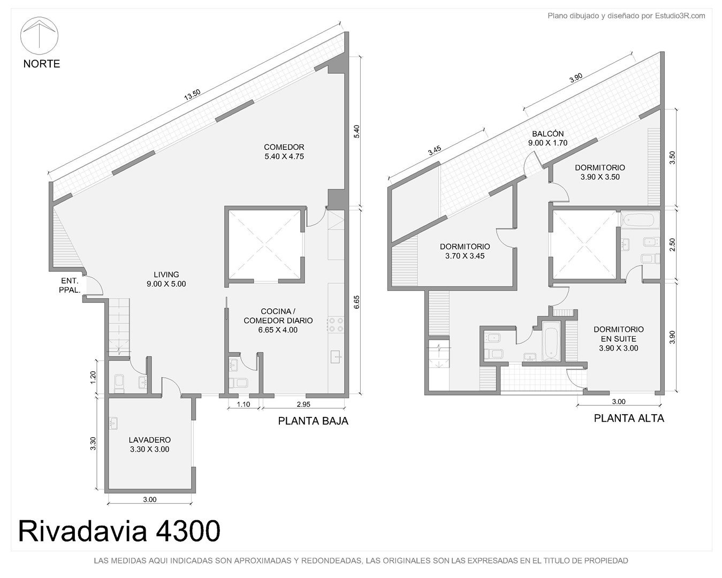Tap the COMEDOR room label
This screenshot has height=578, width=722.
(284, 151)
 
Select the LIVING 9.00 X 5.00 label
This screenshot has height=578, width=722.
(166, 279)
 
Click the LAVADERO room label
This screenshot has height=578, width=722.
(150, 445)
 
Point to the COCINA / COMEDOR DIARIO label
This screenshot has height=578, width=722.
(278, 321)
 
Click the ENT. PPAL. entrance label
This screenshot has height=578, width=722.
(70, 285)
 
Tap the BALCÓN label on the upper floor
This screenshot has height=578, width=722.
(548, 138)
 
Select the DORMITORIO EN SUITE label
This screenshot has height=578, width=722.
(619, 338)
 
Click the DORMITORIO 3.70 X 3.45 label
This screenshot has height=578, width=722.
(465, 251)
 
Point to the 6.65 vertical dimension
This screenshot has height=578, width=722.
(356, 302)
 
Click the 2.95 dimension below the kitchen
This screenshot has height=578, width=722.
(303, 405)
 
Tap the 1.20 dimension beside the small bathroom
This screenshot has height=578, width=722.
(93, 377)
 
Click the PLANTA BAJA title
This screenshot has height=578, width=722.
(313, 421)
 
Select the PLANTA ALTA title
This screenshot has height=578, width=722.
(629, 419)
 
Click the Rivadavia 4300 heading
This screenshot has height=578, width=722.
(119, 531)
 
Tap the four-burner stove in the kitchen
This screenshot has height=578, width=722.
(336, 324)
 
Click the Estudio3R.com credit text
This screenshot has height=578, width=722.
(626, 16)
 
